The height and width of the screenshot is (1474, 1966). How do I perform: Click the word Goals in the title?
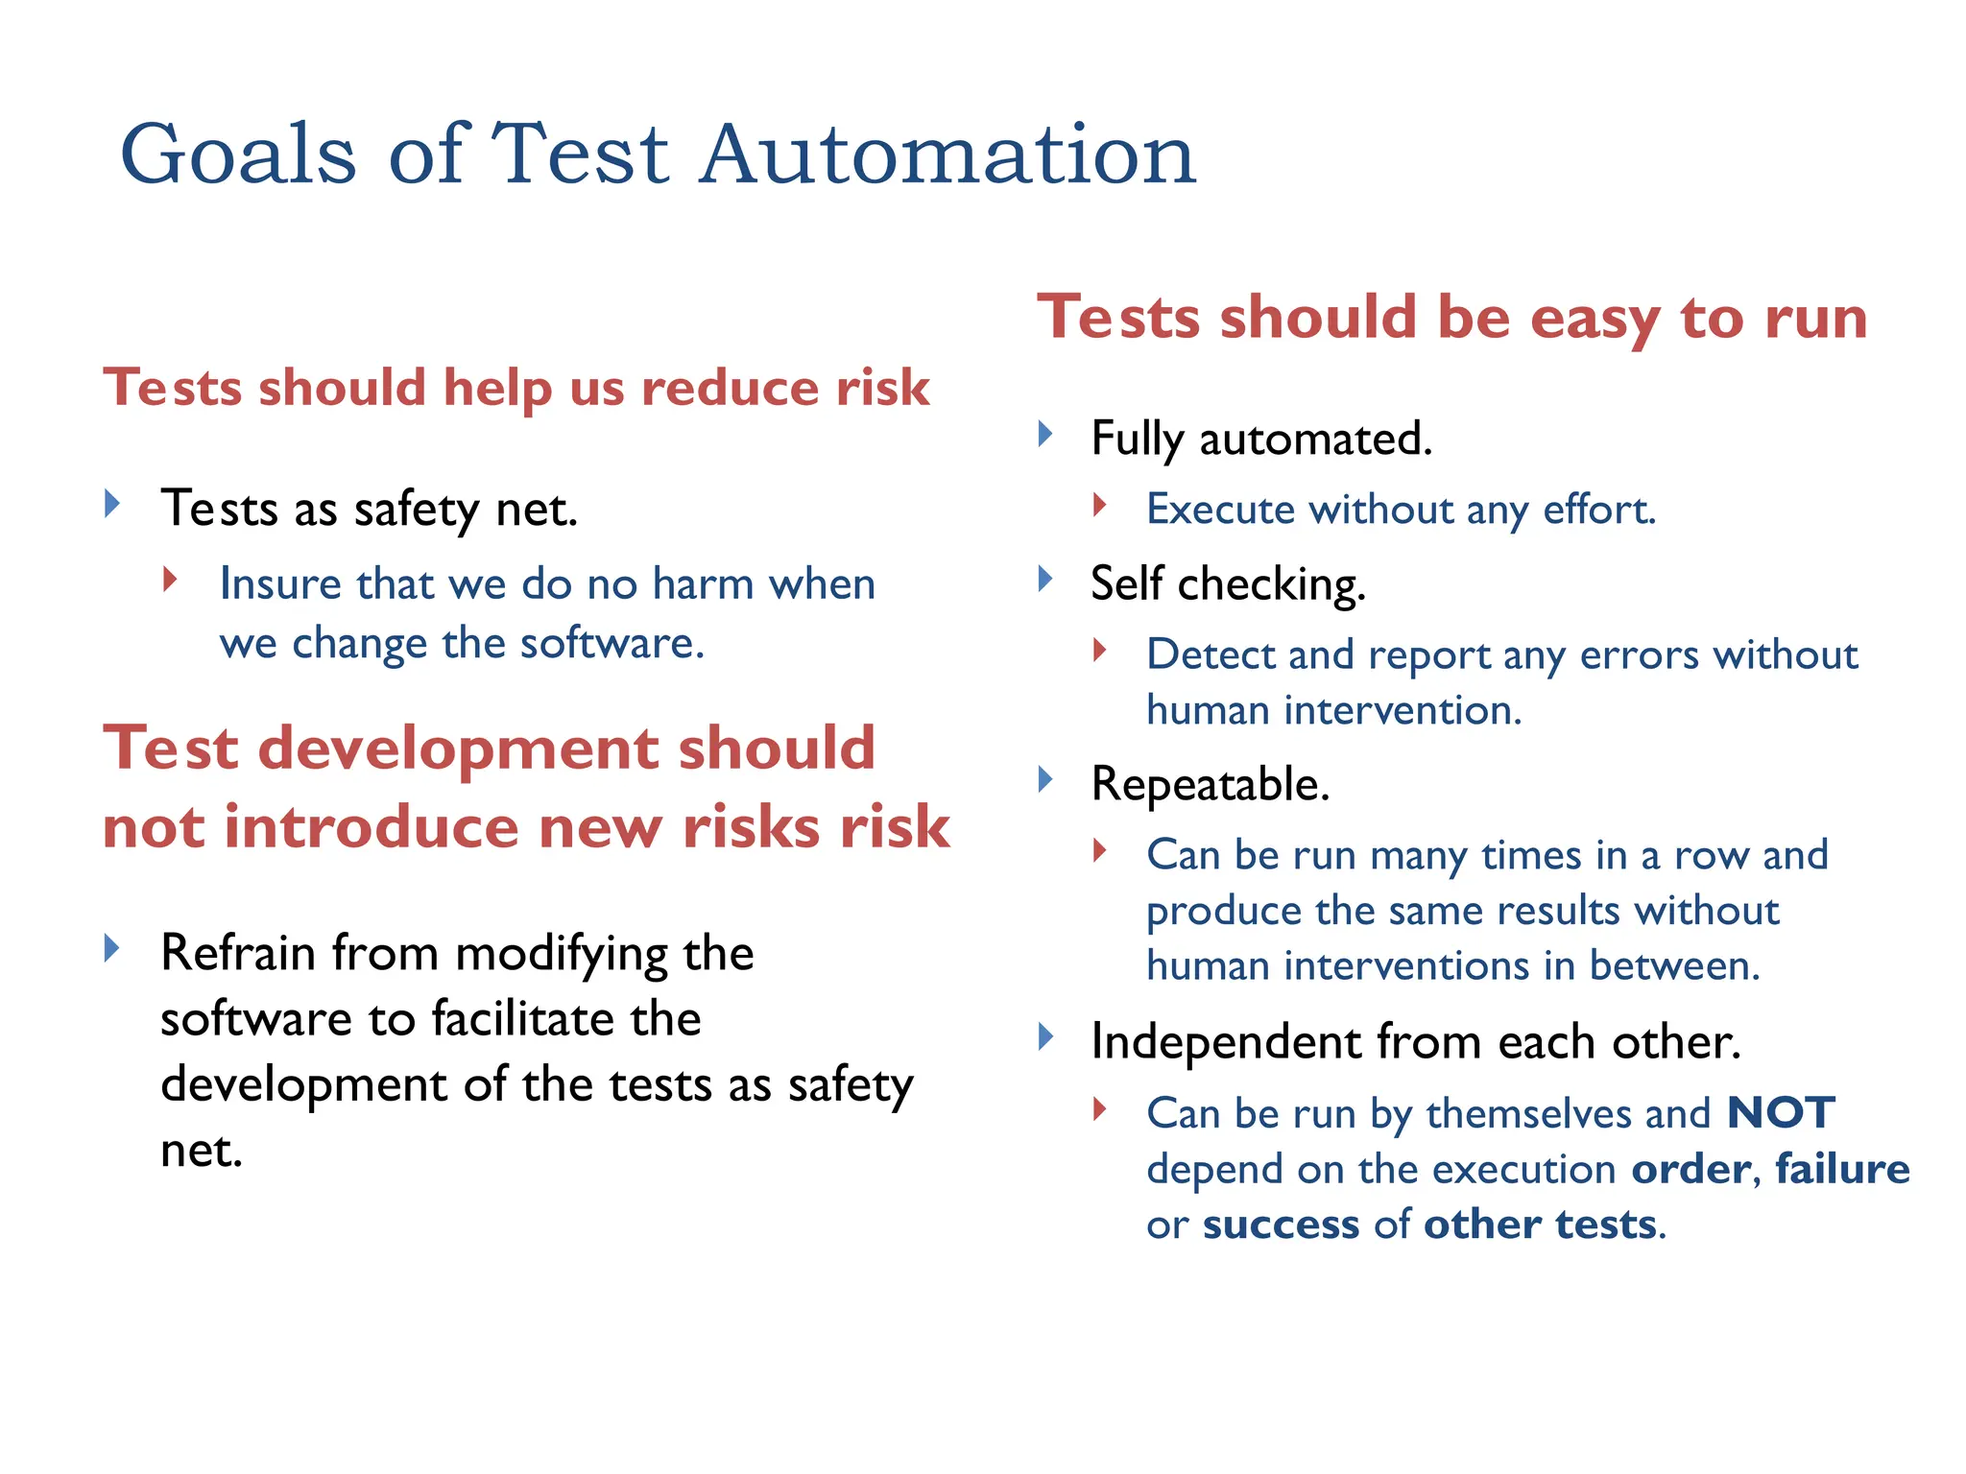click(238, 155)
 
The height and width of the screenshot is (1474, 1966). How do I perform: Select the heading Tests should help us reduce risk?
click(516, 388)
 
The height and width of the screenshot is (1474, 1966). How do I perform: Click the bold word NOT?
click(1780, 1113)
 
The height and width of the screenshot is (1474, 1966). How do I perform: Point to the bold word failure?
click(1841, 1169)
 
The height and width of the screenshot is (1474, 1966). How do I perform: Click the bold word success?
click(1281, 1224)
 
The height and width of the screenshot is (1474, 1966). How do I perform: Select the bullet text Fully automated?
click(1261, 440)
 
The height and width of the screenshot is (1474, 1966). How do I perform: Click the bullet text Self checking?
click(1228, 583)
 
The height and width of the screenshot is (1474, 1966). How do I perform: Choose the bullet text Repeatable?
click(1210, 784)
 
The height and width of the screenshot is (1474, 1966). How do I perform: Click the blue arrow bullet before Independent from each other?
click(1046, 1036)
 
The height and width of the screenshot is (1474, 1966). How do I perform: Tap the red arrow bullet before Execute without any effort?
click(1100, 505)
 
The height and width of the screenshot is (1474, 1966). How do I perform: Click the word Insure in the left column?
click(279, 583)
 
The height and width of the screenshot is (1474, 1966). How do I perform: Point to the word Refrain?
click(238, 953)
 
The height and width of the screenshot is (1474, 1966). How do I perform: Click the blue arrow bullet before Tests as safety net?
click(112, 503)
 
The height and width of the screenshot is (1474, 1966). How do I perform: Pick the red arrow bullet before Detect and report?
click(1100, 651)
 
